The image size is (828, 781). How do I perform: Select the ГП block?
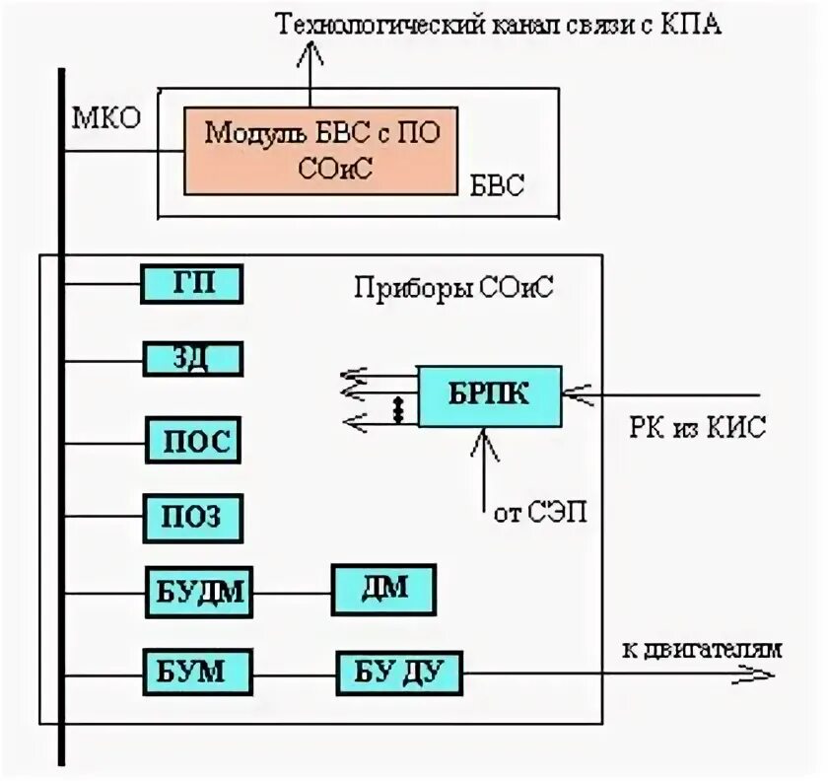click(193, 284)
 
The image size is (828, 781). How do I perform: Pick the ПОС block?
click(193, 440)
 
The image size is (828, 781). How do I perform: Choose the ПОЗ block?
click(193, 517)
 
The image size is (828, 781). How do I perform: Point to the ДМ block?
click(383, 590)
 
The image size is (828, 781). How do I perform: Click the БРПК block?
click(490, 395)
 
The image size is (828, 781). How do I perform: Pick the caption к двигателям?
click(702, 648)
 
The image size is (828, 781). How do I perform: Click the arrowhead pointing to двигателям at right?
click(758, 675)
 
